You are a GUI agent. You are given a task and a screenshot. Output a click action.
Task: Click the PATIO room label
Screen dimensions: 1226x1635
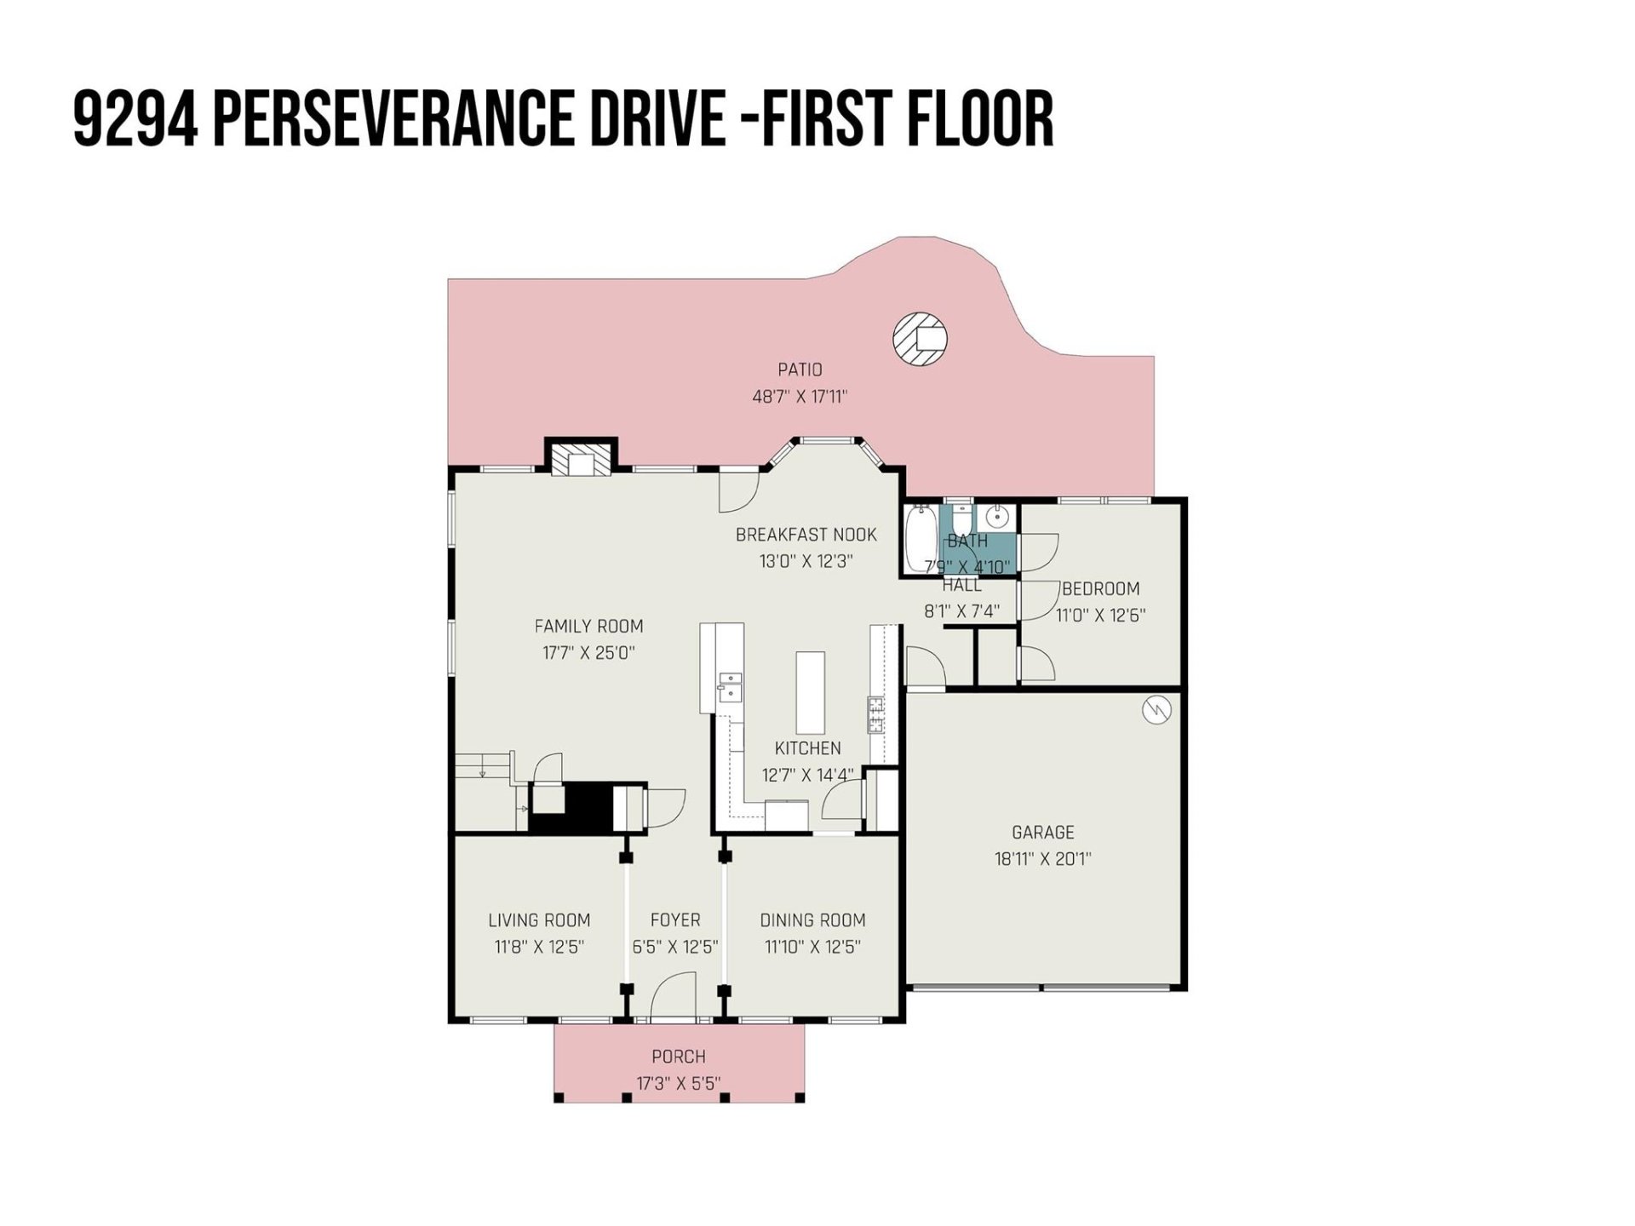(x=800, y=370)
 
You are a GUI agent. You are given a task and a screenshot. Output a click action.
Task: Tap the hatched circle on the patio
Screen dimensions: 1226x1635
(x=920, y=339)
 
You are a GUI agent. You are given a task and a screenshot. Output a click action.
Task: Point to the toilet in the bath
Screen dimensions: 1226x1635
(x=961, y=518)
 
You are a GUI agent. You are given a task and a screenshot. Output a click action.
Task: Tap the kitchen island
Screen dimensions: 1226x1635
(x=810, y=692)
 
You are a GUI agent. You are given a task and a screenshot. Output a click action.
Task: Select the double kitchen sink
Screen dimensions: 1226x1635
(x=730, y=686)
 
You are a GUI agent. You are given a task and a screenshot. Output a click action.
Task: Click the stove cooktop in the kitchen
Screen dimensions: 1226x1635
(x=875, y=713)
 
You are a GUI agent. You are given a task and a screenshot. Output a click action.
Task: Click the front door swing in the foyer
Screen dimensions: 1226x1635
(x=674, y=996)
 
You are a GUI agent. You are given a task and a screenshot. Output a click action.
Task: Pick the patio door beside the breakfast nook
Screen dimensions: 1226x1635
(x=738, y=490)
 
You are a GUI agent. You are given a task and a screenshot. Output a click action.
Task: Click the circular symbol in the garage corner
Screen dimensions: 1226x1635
(x=1156, y=709)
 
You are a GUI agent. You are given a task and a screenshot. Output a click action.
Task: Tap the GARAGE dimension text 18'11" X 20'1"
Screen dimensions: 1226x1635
(x=1042, y=859)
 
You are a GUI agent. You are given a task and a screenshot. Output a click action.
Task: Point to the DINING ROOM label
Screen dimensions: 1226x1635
(x=812, y=920)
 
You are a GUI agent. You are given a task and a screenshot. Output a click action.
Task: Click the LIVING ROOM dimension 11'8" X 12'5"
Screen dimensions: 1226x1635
(x=538, y=947)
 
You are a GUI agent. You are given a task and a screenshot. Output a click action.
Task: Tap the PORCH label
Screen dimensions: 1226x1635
(x=678, y=1057)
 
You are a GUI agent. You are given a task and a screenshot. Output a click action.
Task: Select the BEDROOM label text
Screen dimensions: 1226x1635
(x=1100, y=588)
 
